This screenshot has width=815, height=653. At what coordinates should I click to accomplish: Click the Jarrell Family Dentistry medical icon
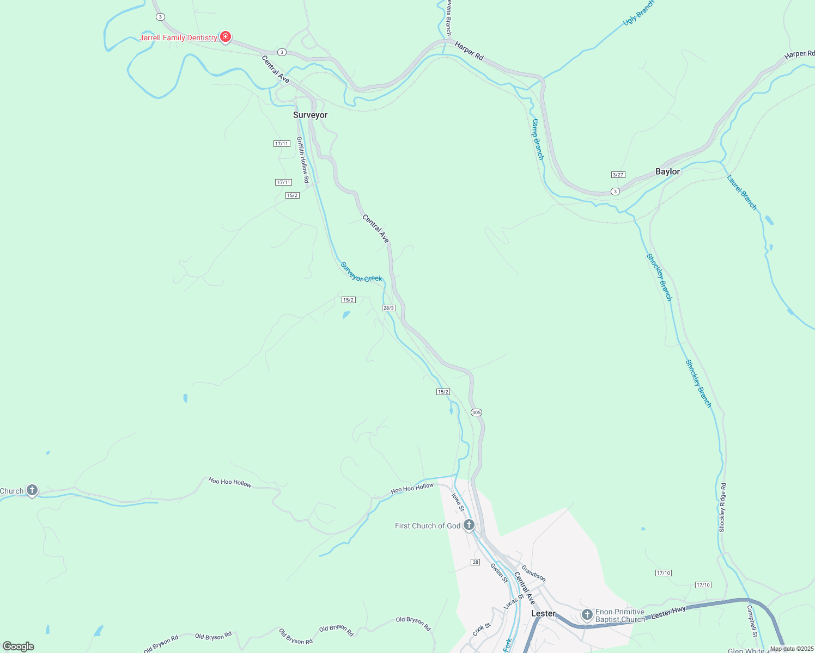[226, 37]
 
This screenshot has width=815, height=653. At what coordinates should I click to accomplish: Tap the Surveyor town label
[310, 115]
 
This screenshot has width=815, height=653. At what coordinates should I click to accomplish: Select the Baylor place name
[667, 171]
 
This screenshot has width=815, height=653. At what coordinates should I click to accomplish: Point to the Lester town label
[543, 613]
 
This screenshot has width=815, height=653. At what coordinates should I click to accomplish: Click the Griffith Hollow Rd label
[302, 159]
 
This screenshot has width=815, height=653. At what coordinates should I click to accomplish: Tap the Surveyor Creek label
[361, 272]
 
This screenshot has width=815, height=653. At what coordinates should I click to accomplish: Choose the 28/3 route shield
[388, 308]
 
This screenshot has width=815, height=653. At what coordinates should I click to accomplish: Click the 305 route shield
[476, 412]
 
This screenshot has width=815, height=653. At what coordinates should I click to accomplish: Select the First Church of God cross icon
[469, 525]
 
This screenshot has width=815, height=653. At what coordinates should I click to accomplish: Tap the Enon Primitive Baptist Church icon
[587, 615]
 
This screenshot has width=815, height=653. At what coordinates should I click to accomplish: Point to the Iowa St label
[458, 502]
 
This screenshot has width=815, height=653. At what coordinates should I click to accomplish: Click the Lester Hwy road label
[668, 612]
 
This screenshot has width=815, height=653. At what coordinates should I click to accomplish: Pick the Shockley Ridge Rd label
[722, 507]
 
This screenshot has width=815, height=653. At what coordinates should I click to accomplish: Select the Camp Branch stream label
[538, 139]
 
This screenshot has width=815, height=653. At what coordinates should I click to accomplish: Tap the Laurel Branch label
[742, 192]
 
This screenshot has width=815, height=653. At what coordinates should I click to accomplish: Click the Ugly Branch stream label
[638, 13]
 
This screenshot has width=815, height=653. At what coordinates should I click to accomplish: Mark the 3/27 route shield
[618, 175]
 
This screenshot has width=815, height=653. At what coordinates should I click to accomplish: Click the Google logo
[19, 646]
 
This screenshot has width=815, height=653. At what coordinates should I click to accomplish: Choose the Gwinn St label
[498, 573]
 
